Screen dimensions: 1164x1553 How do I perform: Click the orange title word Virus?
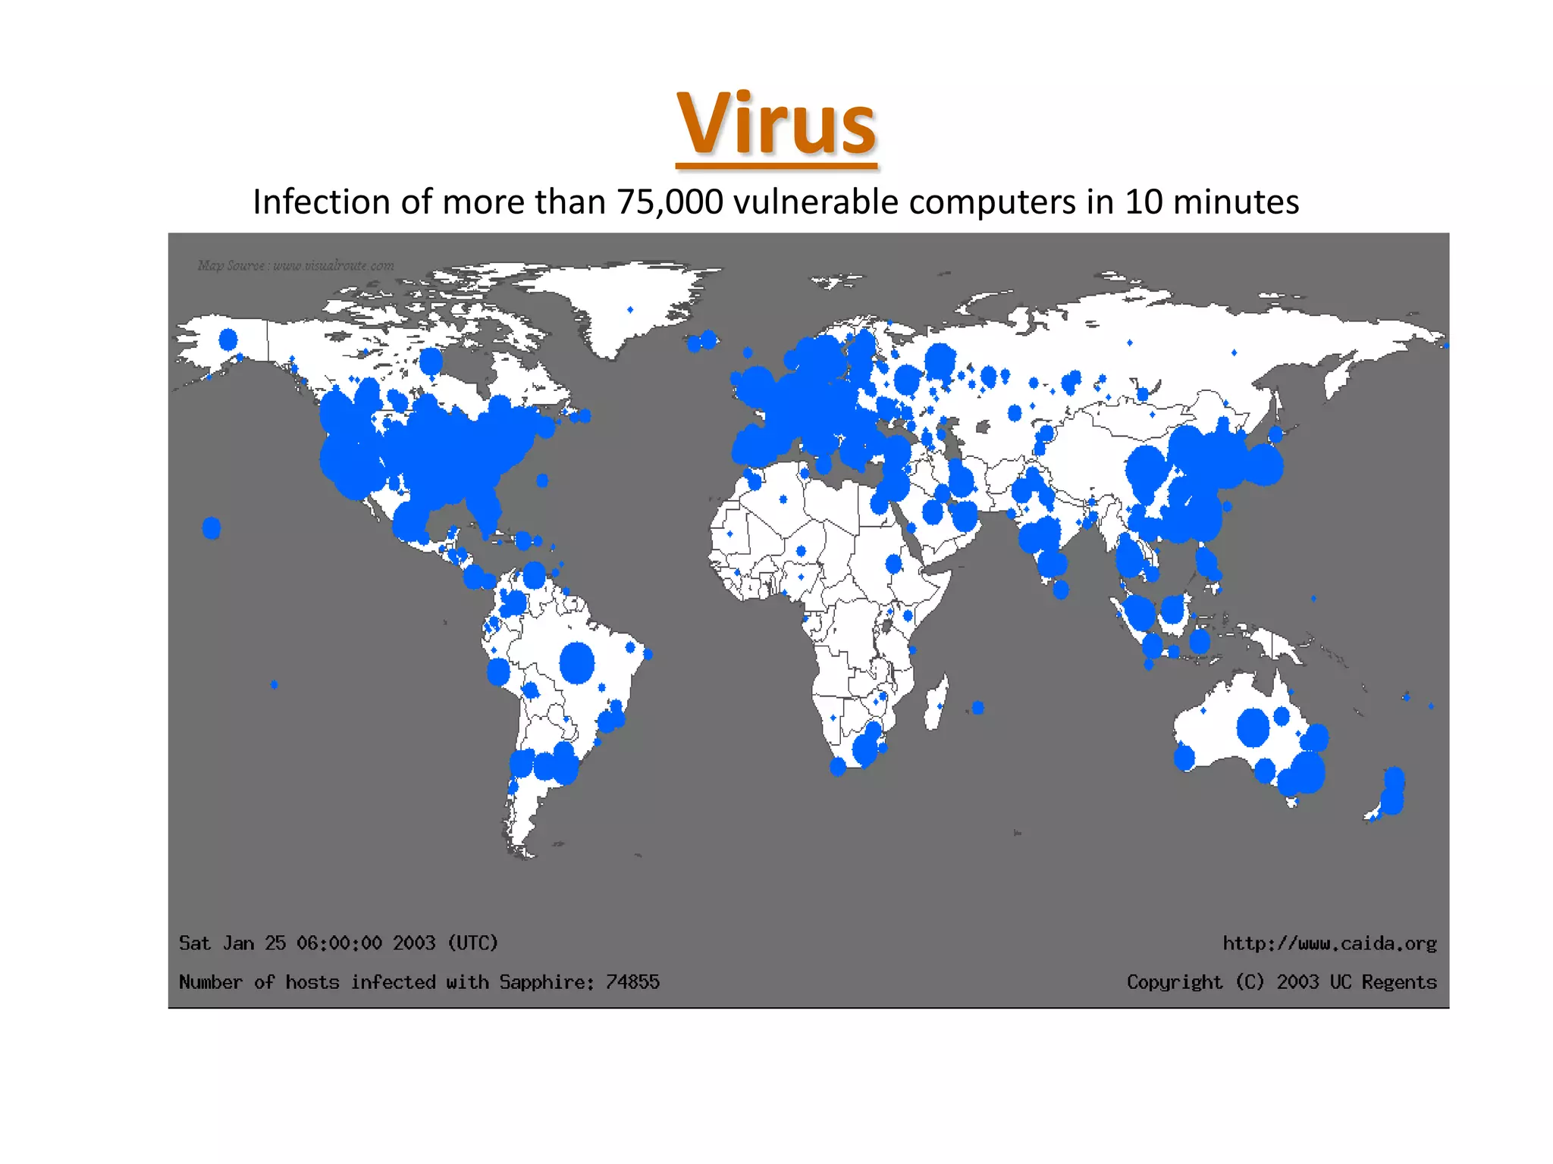tap(776, 124)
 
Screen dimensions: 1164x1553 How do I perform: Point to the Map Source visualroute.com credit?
tap(296, 265)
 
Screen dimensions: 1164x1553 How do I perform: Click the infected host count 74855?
tap(632, 982)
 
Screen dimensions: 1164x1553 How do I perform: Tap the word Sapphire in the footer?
tap(545, 982)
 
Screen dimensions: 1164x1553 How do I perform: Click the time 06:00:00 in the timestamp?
tap(339, 943)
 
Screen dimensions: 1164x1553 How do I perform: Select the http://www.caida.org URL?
tap(1329, 943)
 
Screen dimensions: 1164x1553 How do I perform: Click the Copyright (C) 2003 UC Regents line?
tap(1282, 982)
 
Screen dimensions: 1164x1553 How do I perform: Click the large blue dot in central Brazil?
tap(577, 662)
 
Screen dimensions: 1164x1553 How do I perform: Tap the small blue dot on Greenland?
tap(630, 309)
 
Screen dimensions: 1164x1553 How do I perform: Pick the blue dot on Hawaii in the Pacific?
tap(212, 527)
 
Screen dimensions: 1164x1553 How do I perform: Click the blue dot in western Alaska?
tap(227, 339)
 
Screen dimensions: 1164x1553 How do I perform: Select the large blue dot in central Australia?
tap(1253, 727)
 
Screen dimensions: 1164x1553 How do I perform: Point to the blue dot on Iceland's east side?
tap(709, 339)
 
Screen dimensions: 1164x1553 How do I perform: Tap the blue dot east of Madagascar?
tap(978, 708)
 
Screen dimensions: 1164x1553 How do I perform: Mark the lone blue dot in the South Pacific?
tap(275, 684)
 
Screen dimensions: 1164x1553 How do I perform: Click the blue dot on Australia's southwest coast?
tap(1184, 757)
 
